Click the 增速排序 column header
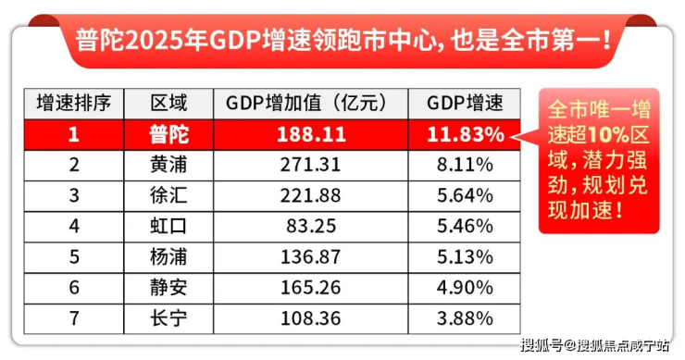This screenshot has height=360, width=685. (74, 104)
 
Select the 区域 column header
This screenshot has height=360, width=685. (168, 104)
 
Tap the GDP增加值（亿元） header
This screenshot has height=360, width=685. (311, 104)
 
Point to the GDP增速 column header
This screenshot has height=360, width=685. (465, 104)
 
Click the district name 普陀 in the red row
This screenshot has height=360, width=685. (168, 134)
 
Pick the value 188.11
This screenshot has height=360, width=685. (311, 134)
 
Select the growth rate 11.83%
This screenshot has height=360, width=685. (466, 134)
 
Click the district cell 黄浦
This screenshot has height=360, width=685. (168, 165)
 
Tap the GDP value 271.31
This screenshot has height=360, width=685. (311, 165)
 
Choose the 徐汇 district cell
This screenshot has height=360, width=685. (168, 195)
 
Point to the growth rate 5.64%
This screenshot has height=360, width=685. (466, 195)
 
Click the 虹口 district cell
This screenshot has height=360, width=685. (168, 226)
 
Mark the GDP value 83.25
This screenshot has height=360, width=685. (311, 226)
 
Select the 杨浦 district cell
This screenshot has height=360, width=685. (168, 256)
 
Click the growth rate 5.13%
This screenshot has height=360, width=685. (466, 257)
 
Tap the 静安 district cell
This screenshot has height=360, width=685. (168, 288)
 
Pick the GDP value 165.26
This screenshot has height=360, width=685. (311, 288)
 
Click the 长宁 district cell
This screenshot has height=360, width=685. (168, 318)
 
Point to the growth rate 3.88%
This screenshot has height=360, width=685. (466, 318)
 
